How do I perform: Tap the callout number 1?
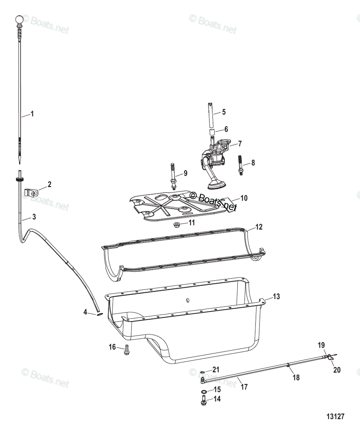(32, 114)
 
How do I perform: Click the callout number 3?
(34, 217)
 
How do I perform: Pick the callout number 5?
(224, 112)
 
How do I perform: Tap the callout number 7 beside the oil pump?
(240, 144)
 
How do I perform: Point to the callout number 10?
(244, 198)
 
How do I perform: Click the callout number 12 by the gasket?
(258, 227)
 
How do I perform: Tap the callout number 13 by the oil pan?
(276, 297)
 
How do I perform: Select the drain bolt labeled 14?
(203, 401)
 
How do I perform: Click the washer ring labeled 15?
(204, 391)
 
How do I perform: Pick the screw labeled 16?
(127, 349)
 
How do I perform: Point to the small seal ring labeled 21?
(202, 372)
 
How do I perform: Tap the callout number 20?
(337, 370)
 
